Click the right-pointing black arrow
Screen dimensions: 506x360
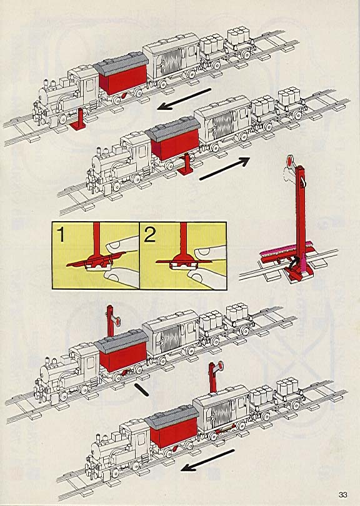click(x=224, y=168)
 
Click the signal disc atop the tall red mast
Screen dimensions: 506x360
click(x=290, y=161)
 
